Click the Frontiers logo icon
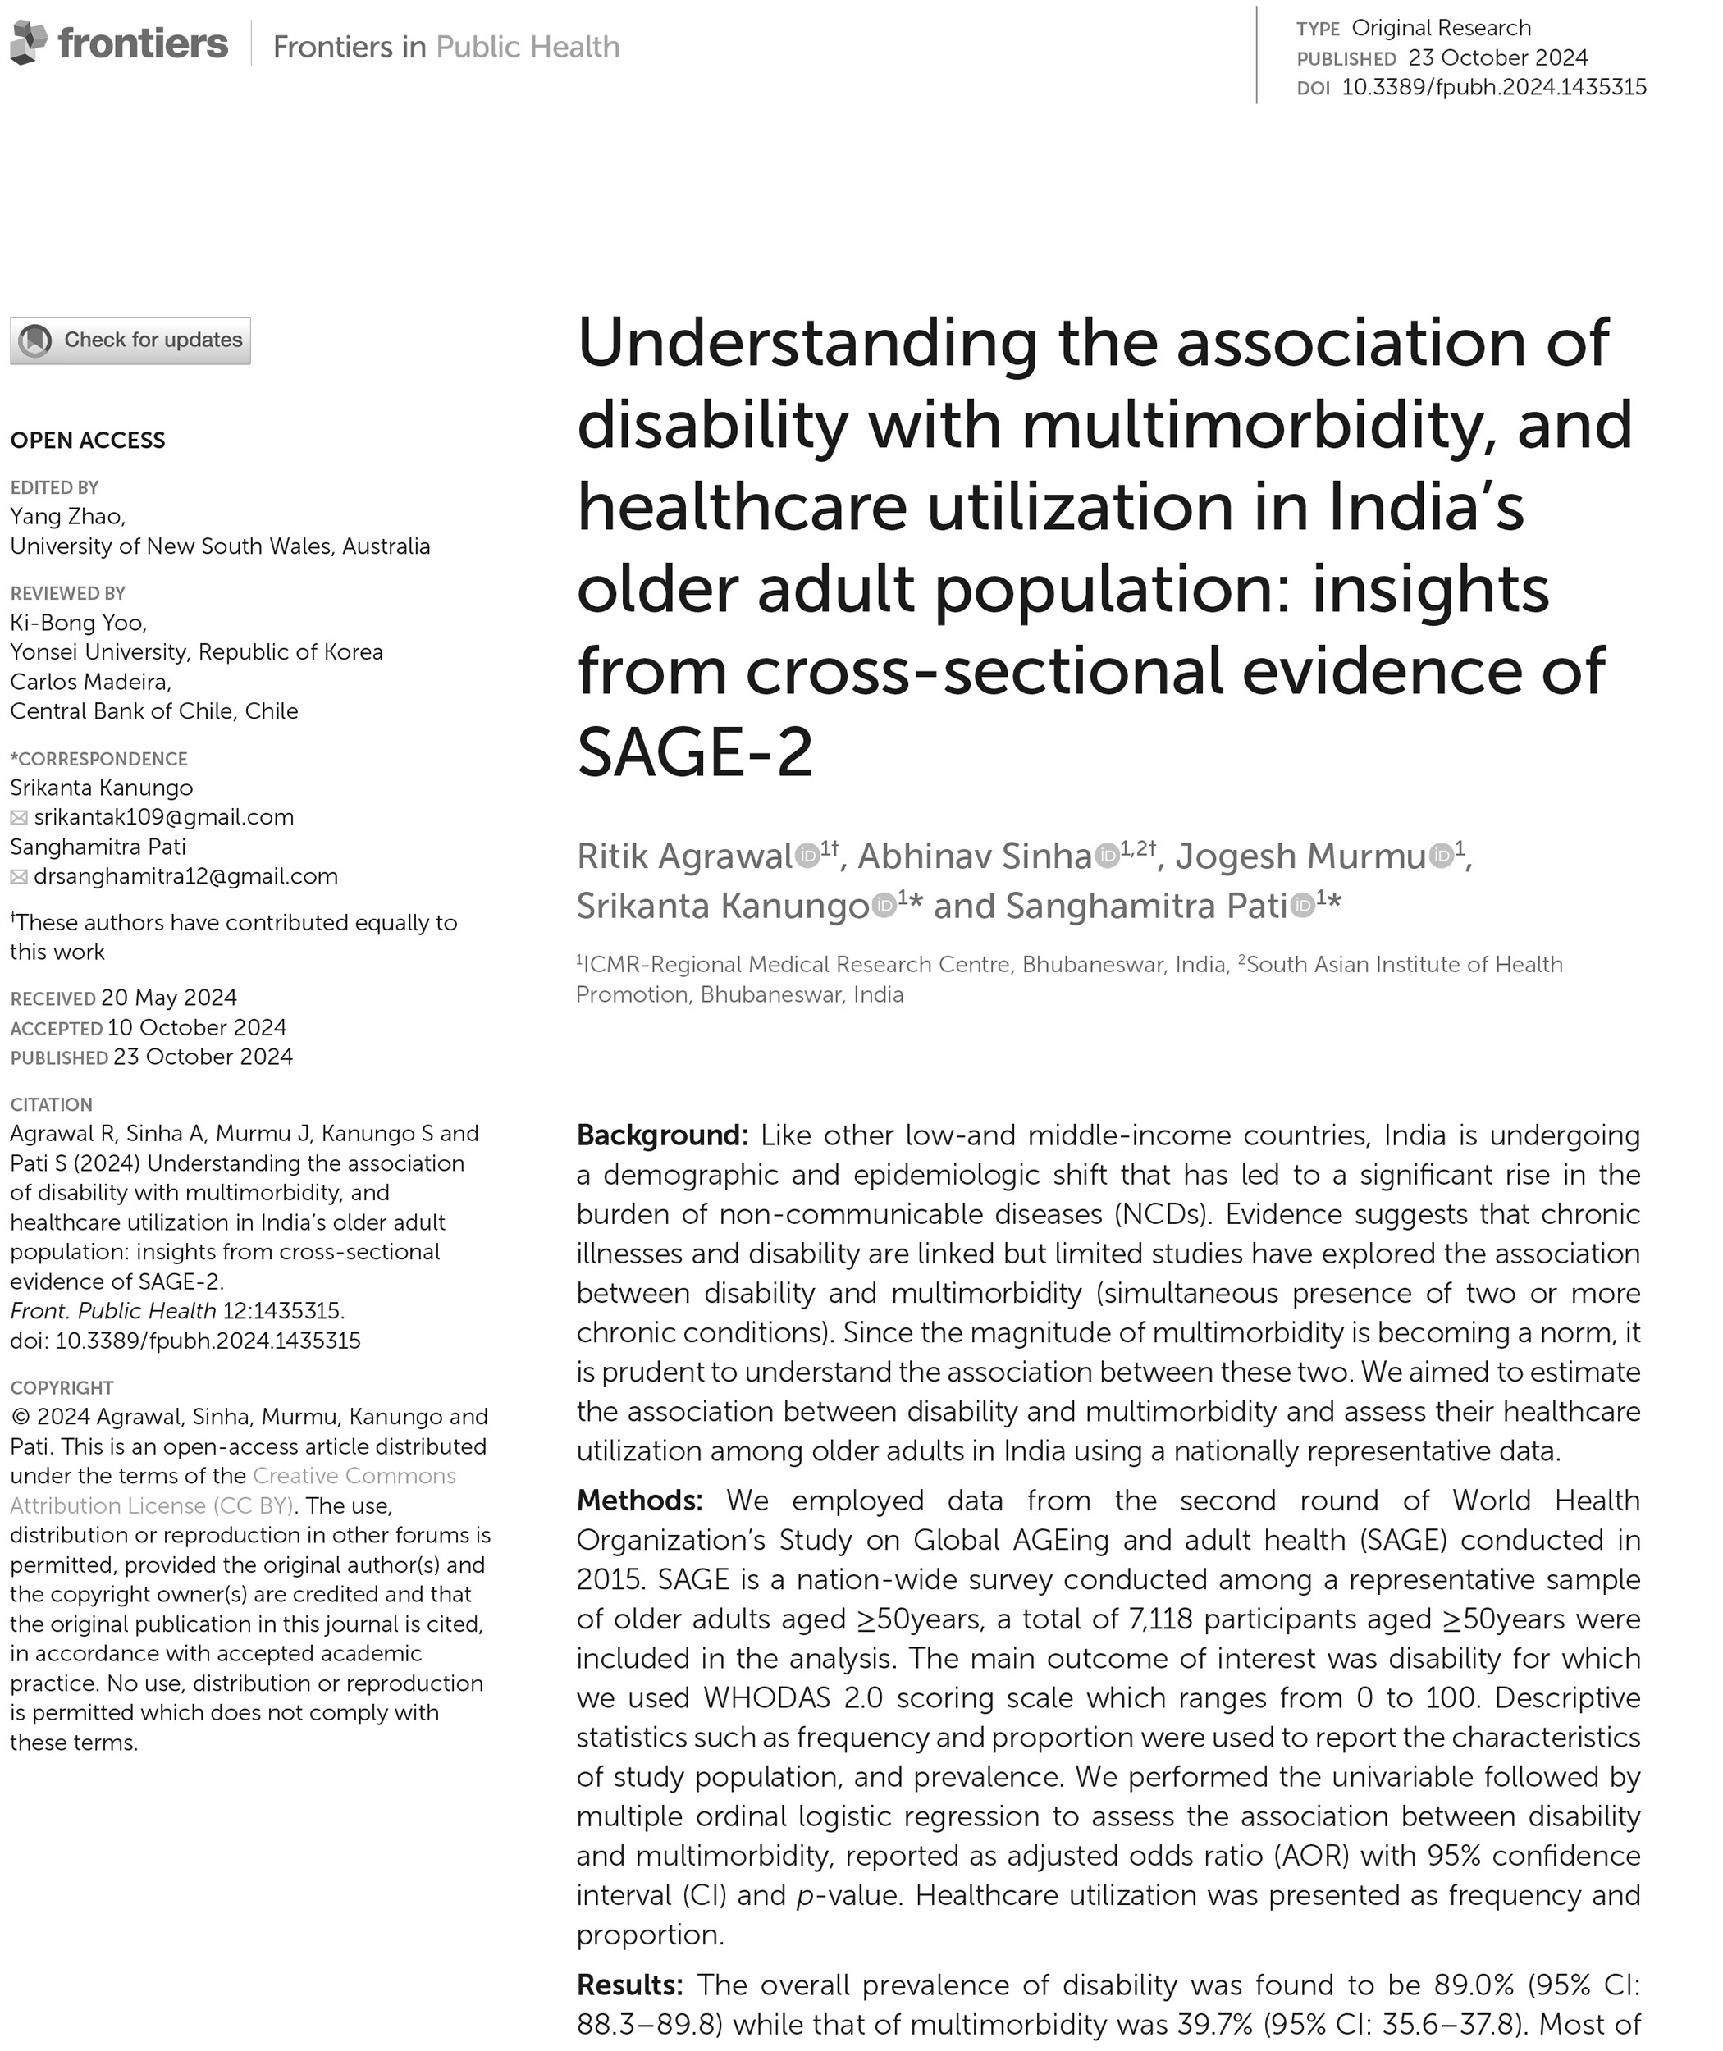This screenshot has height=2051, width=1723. point(29,43)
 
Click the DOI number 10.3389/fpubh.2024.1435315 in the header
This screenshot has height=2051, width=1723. point(1493,87)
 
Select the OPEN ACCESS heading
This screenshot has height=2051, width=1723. point(88,441)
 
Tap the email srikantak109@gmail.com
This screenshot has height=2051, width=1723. point(163,816)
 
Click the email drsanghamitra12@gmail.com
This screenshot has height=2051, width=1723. point(185,876)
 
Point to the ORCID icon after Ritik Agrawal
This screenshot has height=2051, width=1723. point(807,856)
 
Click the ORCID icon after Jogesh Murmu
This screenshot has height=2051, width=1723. point(1442,856)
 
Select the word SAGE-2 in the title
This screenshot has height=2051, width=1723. point(694,753)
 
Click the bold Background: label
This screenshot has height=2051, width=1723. point(662,1135)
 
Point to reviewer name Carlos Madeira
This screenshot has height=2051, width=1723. point(90,682)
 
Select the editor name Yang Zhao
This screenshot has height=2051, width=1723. point(66,516)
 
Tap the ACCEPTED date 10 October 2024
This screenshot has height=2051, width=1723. point(196,1027)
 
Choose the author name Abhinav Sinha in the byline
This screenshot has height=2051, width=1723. point(974,856)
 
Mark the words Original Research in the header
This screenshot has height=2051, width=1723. point(1441,27)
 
